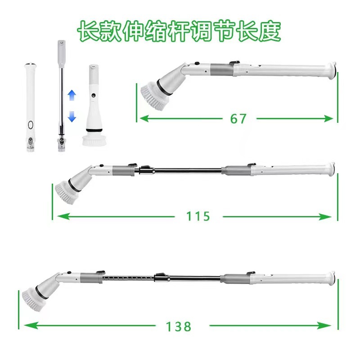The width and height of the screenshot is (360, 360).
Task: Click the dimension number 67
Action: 238,119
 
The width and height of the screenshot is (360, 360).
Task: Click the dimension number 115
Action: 198,216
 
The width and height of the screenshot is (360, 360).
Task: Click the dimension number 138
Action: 179,326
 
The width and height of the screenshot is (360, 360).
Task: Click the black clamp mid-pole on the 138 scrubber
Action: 159,276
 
